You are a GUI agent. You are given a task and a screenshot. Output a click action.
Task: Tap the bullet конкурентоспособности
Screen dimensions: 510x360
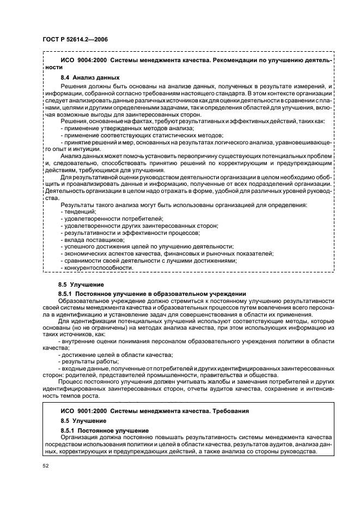tap(99, 268)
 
